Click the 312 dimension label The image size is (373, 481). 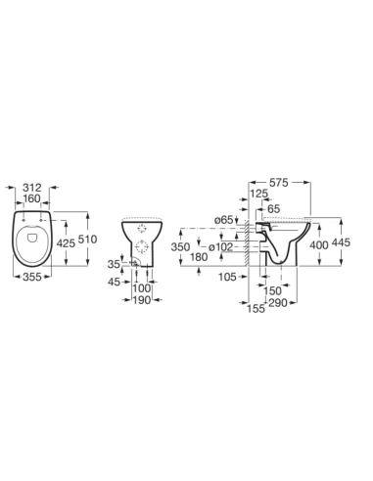click(32, 188)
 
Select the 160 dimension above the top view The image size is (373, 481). click(32, 198)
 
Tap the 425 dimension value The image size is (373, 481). click(66, 242)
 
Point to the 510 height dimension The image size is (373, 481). click(87, 240)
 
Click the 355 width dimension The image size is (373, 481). click(32, 277)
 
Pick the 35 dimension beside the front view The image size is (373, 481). click(114, 264)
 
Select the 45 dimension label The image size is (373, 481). click(114, 282)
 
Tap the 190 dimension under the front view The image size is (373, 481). click(142, 300)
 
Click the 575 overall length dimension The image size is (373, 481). click(279, 183)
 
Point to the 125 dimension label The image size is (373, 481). click(258, 194)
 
